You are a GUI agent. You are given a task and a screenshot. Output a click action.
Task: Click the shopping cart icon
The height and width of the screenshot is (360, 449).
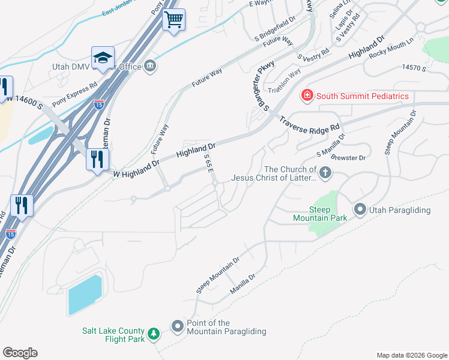pos(174,19)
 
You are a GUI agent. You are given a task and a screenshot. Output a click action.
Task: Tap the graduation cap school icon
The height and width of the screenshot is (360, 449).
pos(103,58)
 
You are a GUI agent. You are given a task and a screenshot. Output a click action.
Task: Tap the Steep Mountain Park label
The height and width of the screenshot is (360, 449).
pos(328,214)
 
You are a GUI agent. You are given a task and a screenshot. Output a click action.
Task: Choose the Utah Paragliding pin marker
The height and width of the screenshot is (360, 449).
pos(360,209)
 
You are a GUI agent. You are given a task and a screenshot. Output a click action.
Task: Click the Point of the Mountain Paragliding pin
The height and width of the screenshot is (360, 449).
pos(178,327)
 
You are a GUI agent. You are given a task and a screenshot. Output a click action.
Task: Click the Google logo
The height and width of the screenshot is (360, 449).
pos(20,353)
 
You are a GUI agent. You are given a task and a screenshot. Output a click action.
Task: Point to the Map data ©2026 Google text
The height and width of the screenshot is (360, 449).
pos(411,355)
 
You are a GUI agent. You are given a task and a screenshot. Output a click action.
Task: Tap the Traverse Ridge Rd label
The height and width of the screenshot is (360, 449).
pos(310,123)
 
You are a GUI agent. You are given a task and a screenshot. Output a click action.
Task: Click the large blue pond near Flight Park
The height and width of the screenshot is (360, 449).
pos(85,295)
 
